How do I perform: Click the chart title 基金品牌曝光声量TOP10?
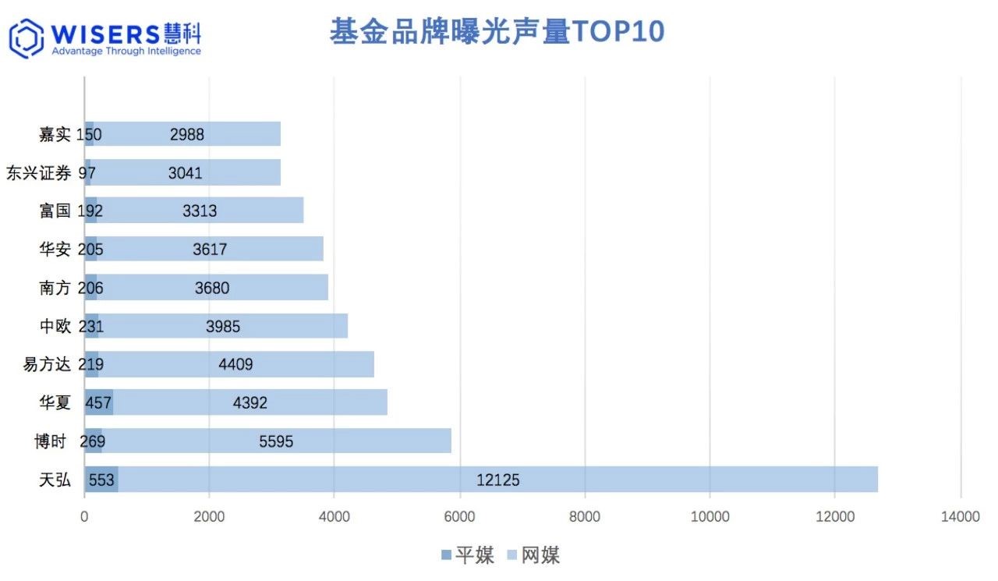pyautogui.click(x=497, y=32)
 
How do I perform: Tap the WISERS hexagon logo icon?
pyautogui.click(x=26, y=38)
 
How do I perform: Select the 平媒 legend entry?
pyautogui.click(x=468, y=555)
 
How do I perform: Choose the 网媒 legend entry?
pyautogui.click(x=533, y=555)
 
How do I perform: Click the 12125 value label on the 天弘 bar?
pyautogui.click(x=497, y=480)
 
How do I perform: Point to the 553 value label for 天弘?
pyautogui.click(x=101, y=480)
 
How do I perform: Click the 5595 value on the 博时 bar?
pyautogui.click(x=276, y=441)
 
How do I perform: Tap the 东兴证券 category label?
pyautogui.click(x=38, y=172)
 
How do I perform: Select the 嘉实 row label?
pyautogui.click(x=55, y=134)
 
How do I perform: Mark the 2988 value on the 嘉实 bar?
pyautogui.click(x=187, y=134)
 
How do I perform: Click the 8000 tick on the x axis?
pyautogui.click(x=585, y=516)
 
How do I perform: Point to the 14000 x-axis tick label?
pyautogui.click(x=960, y=516)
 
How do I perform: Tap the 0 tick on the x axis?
pyautogui.click(x=84, y=516)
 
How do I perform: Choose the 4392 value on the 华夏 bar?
pyautogui.click(x=250, y=403)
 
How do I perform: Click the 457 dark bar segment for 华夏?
pyautogui.click(x=99, y=403)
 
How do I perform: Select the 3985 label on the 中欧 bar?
pyautogui.click(x=223, y=327)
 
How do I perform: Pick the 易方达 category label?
pyautogui.click(x=47, y=364)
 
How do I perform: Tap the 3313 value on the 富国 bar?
pyautogui.click(x=200, y=211)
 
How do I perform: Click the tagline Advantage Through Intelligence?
pyautogui.click(x=126, y=51)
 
